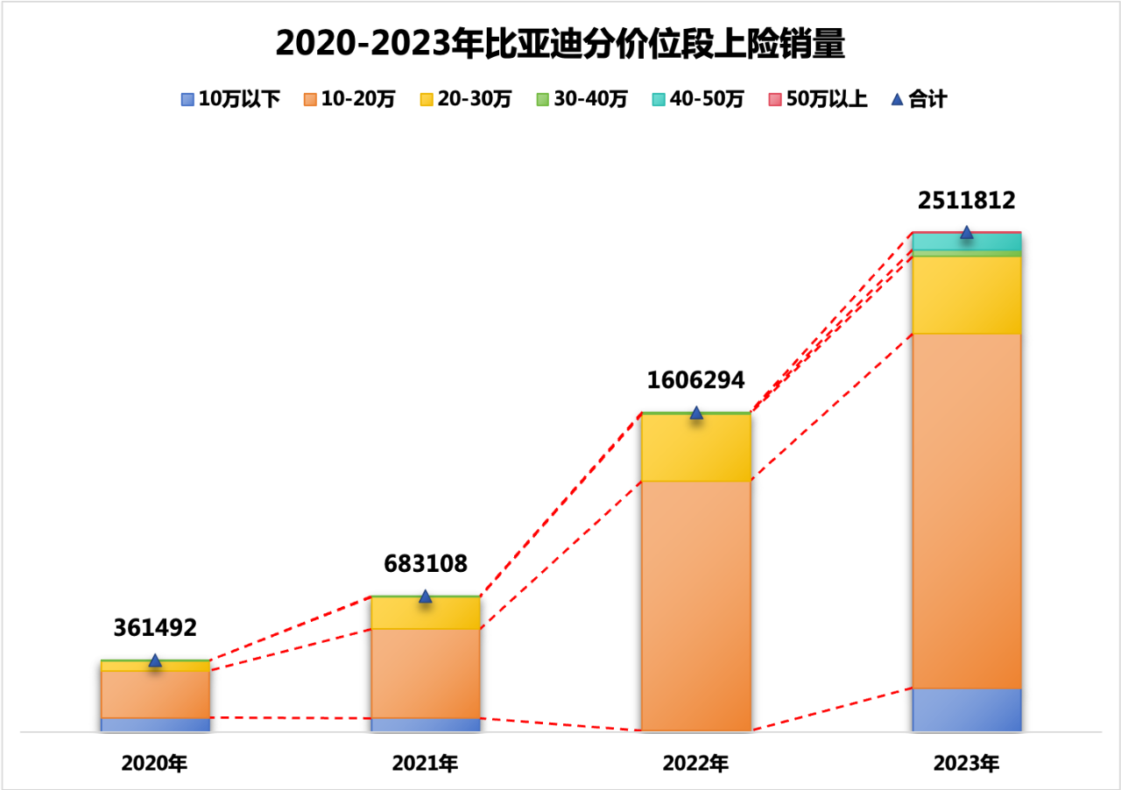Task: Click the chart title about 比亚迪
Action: (x=560, y=43)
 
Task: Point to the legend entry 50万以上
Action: (x=817, y=100)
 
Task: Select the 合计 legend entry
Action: (x=919, y=100)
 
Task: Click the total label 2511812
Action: (x=966, y=201)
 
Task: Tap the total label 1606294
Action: (x=695, y=380)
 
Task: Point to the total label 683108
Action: (x=426, y=563)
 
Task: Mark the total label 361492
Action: (x=155, y=627)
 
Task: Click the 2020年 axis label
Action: (x=155, y=764)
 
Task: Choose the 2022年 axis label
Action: (x=695, y=764)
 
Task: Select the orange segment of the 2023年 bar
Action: (x=966, y=511)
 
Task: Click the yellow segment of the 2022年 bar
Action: (x=695, y=448)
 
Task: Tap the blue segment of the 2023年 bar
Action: (x=966, y=709)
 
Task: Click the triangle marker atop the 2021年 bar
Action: (x=426, y=596)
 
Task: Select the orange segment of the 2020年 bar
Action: (x=155, y=695)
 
